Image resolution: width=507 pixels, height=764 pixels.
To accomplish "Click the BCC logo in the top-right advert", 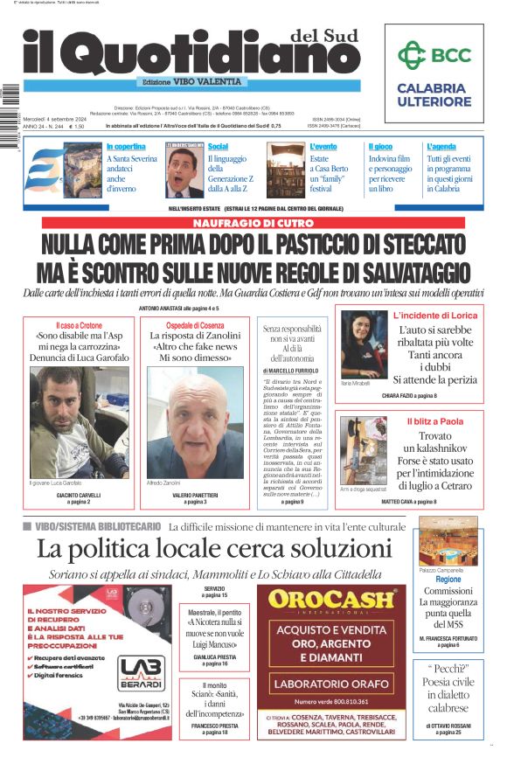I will click(434, 55).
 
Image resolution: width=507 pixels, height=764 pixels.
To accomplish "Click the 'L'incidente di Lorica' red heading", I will click(435, 315).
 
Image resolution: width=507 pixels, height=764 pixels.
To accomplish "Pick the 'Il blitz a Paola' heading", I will click(434, 421).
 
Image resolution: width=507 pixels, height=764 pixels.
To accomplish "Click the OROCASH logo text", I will click(333, 600).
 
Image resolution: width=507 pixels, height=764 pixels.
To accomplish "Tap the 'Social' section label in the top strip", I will click(218, 147).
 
